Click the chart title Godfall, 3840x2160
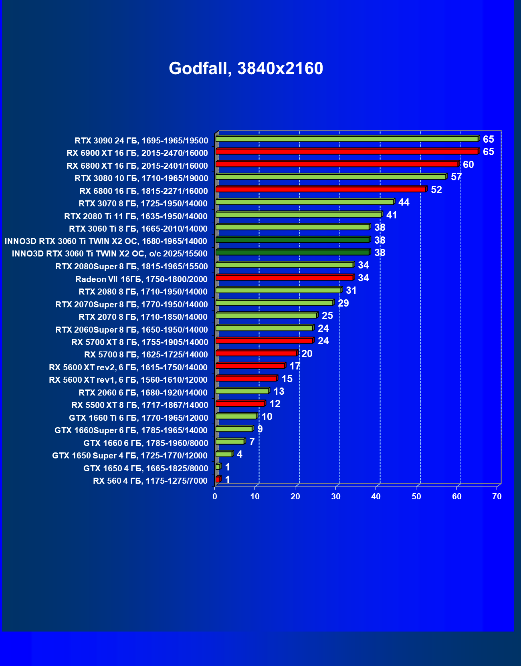click(x=246, y=68)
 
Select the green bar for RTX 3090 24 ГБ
click(x=347, y=139)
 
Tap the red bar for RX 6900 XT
click(x=347, y=151)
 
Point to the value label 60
click(x=468, y=164)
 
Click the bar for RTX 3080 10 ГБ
click(x=331, y=177)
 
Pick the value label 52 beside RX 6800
click(x=436, y=190)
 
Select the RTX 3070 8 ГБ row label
click(x=143, y=204)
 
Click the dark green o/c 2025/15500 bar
click(x=293, y=252)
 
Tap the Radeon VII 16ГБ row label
click(x=141, y=279)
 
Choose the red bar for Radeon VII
click(x=285, y=278)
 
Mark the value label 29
click(x=343, y=303)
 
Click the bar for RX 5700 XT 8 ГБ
click(x=265, y=341)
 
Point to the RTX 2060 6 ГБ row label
click(x=143, y=393)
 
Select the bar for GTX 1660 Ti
click(x=236, y=416)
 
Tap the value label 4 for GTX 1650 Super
click(x=239, y=454)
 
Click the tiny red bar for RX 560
click(x=218, y=479)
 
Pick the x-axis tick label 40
click(x=376, y=496)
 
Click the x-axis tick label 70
click(x=497, y=496)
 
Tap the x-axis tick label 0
click(x=215, y=496)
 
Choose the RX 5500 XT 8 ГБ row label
click(x=139, y=405)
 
